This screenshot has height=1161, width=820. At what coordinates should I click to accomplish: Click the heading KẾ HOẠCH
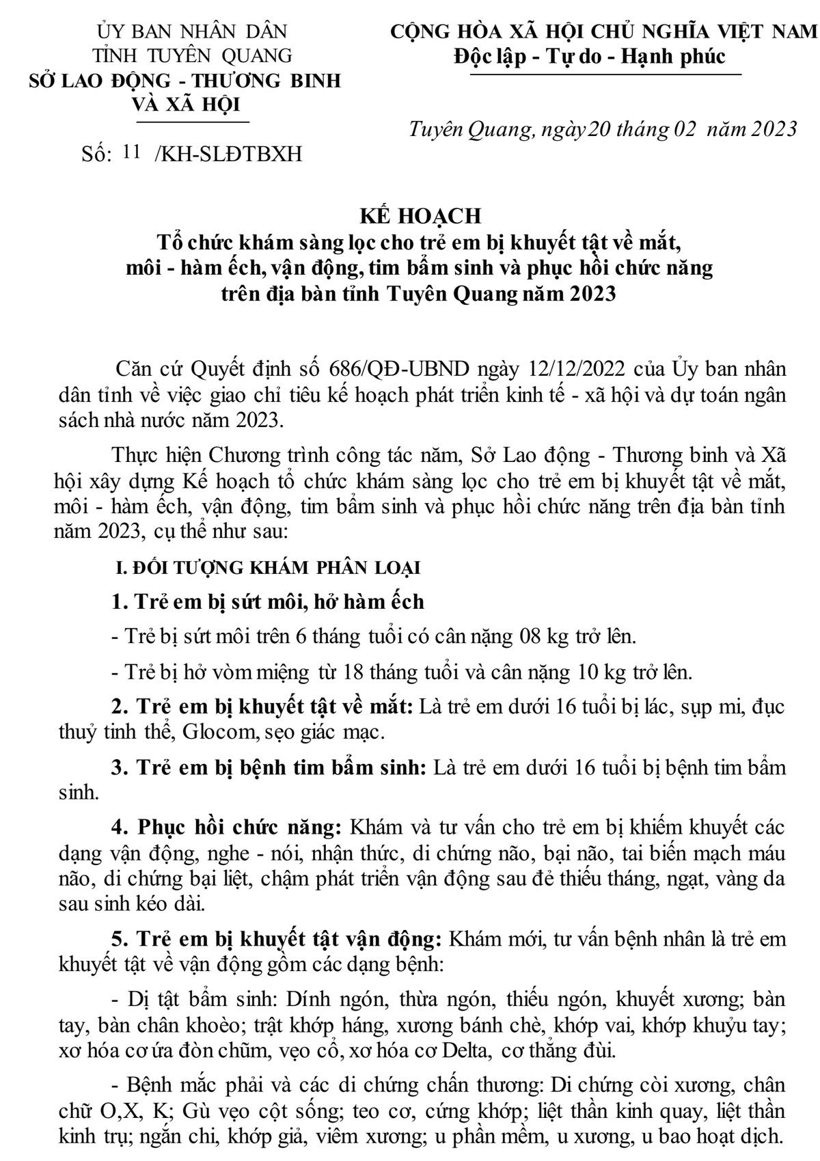(x=421, y=216)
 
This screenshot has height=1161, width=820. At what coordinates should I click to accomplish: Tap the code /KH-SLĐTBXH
(x=229, y=154)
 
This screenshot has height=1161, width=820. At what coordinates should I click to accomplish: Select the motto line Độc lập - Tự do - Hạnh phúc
(x=589, y=56)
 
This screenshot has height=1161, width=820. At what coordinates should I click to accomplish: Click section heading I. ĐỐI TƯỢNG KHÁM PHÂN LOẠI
(x=266, y=568)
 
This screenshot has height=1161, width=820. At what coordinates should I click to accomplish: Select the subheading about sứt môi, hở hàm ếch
(x=268, y=602)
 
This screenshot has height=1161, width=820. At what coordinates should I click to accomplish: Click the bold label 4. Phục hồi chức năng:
(x=226, y=828)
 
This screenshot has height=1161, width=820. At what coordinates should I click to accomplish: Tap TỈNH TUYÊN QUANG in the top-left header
(x=193, y=55)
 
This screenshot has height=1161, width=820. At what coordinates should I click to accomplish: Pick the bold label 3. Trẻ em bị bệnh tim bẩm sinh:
(x=270, y=767)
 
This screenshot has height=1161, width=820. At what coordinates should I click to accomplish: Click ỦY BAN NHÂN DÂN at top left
(x=193, y=31)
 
